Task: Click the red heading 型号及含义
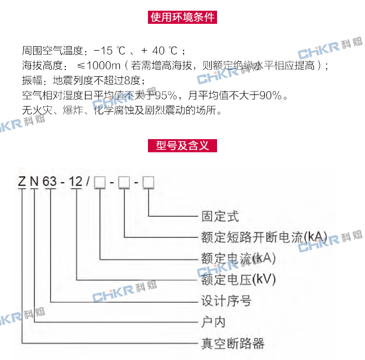coord(182,145)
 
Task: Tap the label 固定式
coord(220,216)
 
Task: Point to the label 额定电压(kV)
coord(238,280)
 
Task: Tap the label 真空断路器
coord(233,344)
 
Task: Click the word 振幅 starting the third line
coord(32,80)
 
